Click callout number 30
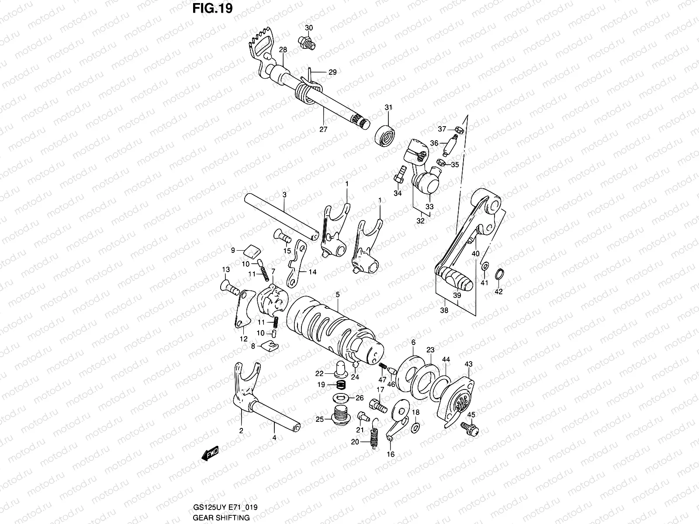click(309, 28)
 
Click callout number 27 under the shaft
click(323, 129)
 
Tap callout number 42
click(498, 292)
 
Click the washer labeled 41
click(485, 266)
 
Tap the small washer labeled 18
click(415, 425)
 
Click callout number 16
click(391, 454)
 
